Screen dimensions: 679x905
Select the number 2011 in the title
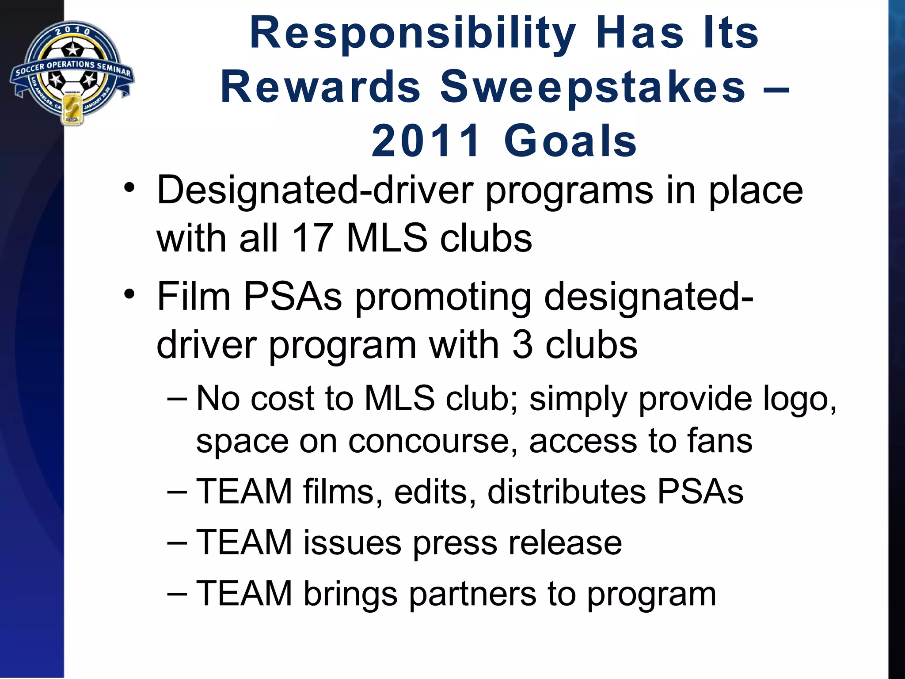coord(426,141)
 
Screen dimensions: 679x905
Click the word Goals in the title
coord(570,141)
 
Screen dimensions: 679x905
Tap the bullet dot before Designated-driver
coord(129,187)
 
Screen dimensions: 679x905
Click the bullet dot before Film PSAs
coord(129,294)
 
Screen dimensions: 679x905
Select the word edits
coord(435,492)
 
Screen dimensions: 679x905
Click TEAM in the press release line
coord(244,542)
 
